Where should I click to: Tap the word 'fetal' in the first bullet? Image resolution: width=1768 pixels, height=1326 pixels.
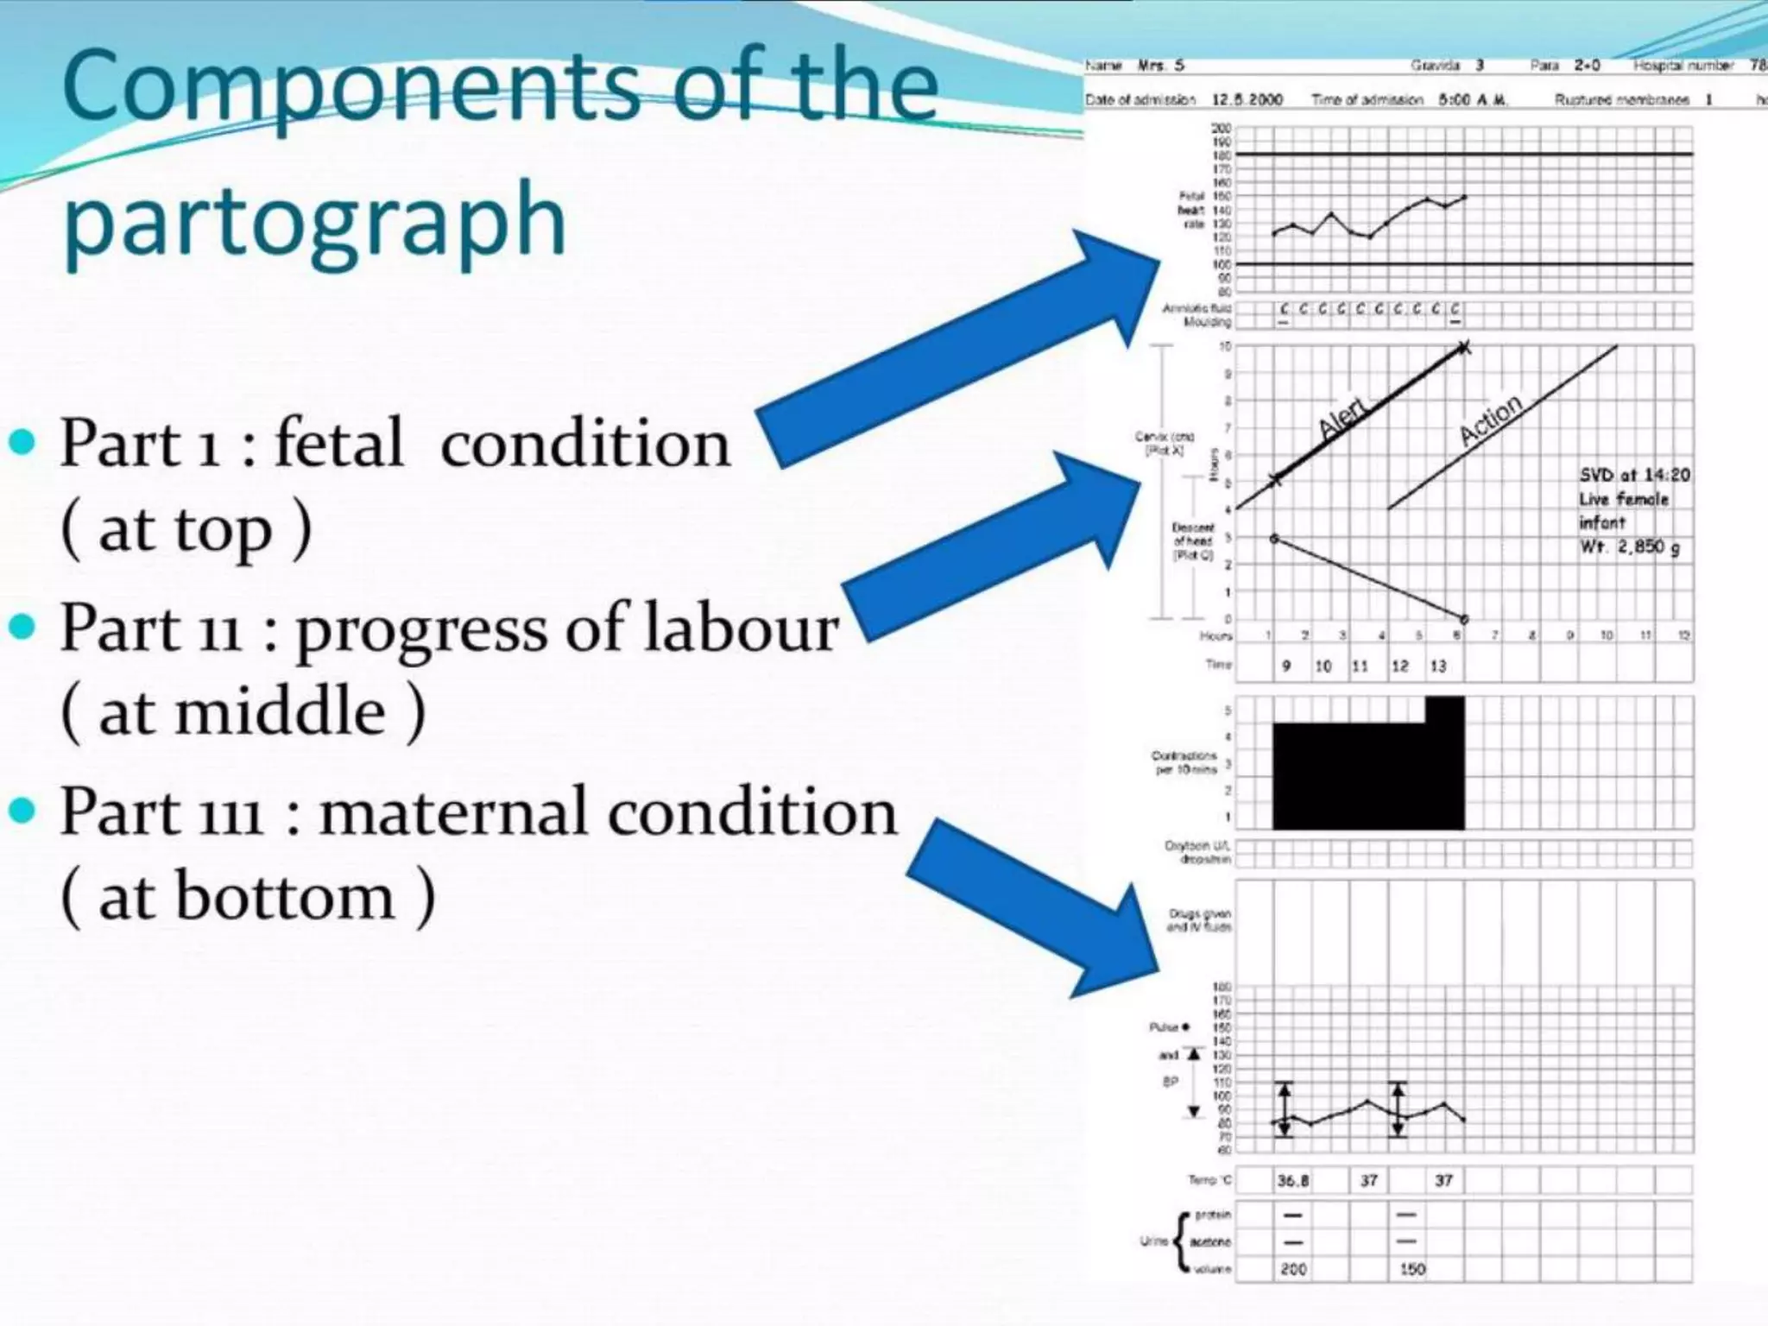pyautogui.click(x=339, y=444)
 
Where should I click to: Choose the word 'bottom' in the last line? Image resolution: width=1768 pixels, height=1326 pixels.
pyautogui.click(x=286, y=896)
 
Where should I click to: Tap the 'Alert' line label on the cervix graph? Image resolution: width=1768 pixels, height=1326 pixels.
pyautogui.click(x=1343, y=416)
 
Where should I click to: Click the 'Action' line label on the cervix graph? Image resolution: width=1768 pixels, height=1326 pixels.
pyautogui.click(x=1490, y=420)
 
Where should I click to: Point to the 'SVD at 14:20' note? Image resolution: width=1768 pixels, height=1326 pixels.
pyautogui.click(x=1634, y=475)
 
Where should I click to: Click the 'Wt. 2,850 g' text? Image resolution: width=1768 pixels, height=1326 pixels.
pyautogui.click(x=1630, y=546)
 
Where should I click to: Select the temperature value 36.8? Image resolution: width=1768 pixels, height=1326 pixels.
pyautogui.click(x=1292, y=1180)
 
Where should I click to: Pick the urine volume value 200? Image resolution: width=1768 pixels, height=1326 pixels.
pyautogui.click(x=1293, y=1269)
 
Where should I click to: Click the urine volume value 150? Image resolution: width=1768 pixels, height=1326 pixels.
pyautogui.click(x=1412, y=1269)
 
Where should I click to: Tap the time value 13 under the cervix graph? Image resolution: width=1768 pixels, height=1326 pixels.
pyautogui.click(x=1438, y=666)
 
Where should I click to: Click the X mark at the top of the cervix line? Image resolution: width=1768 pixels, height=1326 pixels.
pyautogui.click(x=1463, y=348)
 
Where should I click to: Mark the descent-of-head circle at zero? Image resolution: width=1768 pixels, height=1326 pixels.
pyautogui.click(x=1464, y=619)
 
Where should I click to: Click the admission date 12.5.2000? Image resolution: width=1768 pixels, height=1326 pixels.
pyautogui.click(x=1247, y=99)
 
